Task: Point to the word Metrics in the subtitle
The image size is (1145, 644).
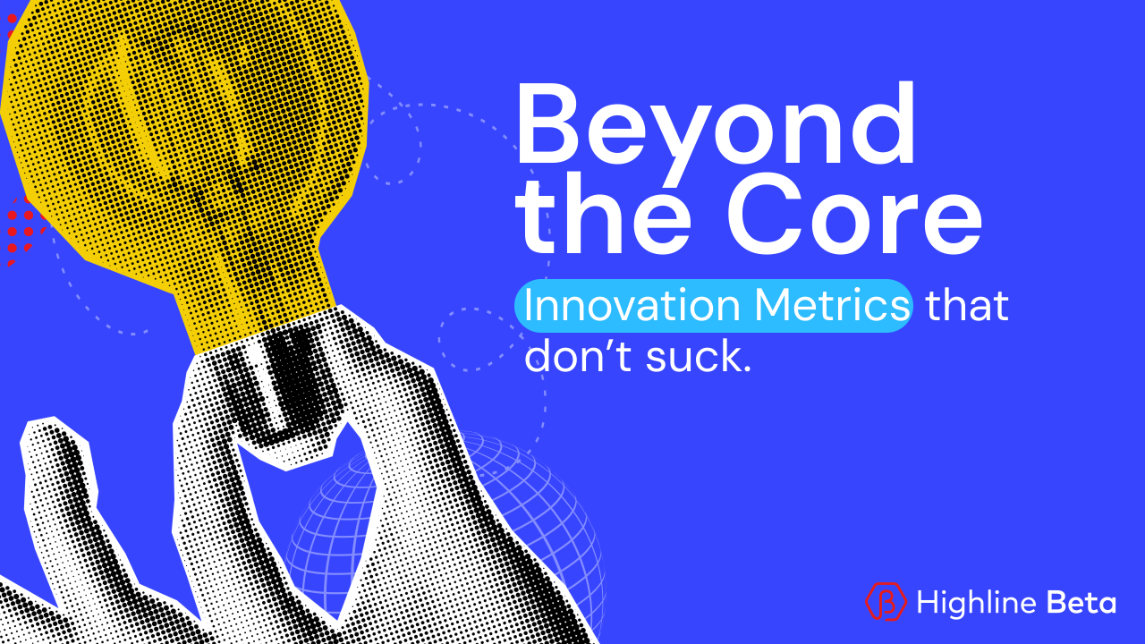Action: [x=832, y=306]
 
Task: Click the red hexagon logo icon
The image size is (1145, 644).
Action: [x=886, y=602]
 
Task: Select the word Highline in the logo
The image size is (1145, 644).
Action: [x=976, y=602]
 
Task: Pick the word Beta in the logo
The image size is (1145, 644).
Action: [x=1082, y=602]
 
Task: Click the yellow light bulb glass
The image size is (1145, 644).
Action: [x=188, y=134]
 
